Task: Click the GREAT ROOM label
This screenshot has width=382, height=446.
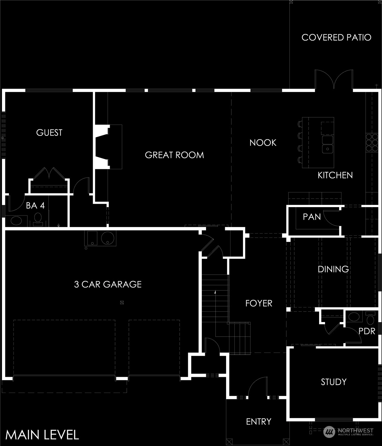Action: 174,155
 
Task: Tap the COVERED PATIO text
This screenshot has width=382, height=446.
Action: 336,38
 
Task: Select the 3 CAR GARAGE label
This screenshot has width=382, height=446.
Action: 108,284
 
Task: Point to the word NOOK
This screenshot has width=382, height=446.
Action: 263,143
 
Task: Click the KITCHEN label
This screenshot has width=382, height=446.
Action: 335,175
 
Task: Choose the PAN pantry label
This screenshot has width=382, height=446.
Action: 312,217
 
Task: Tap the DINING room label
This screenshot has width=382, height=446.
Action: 333,269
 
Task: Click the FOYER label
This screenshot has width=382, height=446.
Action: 259,303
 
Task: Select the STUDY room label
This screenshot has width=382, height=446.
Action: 333,382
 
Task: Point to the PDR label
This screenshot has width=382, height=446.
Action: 367,331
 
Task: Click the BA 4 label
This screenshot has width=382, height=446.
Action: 35,206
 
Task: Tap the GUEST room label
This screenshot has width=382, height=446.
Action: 49,133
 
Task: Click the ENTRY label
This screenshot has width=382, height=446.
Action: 259,422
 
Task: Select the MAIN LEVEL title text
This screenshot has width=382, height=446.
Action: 42,435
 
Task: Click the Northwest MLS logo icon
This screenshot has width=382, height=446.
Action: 329,432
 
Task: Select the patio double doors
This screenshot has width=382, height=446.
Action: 334,80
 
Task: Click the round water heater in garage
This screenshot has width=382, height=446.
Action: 108,238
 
